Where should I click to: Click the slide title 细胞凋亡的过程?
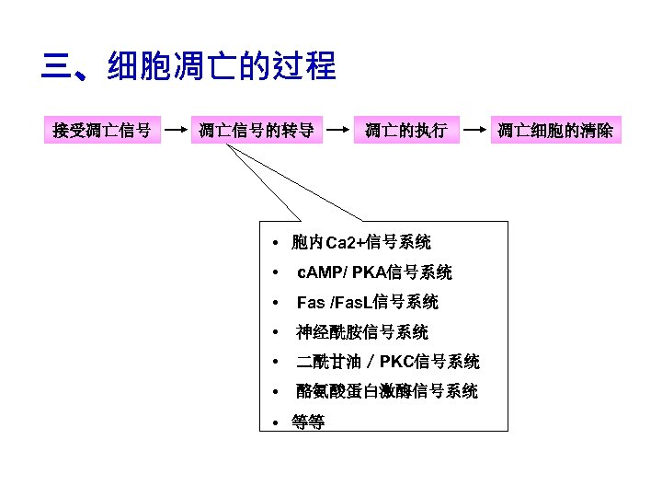(222, 67)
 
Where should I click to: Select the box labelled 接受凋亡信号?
(102, 131)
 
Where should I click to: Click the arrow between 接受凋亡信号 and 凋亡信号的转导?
(175, 131)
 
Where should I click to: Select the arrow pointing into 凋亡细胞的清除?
(474, 131)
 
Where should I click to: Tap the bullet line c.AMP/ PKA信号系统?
(373, 272)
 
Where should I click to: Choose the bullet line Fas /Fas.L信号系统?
(367, 302)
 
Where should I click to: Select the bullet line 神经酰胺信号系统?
(361, 332)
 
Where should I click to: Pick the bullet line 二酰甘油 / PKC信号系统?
(387, 362)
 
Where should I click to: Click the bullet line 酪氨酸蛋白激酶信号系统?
(386, 391)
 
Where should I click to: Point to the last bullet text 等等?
(307, 422)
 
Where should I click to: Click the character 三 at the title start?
(57, 67)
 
